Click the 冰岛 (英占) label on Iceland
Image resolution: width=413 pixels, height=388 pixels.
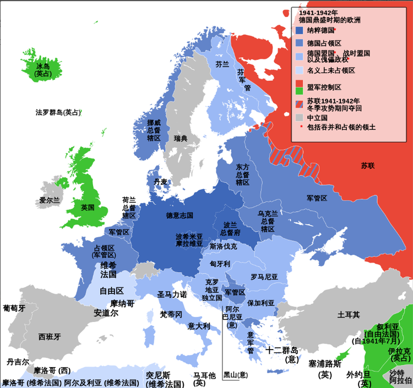(42, 69)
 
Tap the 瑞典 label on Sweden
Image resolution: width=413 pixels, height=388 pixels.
(180, 138)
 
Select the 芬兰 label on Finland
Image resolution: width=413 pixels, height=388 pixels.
(222, 64)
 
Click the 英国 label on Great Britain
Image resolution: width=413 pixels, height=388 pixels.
(88, 208)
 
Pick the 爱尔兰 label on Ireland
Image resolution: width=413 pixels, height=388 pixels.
(49, 201)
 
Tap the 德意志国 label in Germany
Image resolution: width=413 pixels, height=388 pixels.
(179, 215)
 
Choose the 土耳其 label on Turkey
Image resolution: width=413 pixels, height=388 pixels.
(348, 314)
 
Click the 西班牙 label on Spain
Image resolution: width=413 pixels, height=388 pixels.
(50, 336)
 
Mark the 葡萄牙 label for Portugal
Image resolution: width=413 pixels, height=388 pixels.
(14, 308)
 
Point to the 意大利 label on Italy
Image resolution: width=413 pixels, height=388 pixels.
(199, 325)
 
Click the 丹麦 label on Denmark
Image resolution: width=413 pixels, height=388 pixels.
(161, 181)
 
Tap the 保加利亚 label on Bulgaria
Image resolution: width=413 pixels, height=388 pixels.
(260, 303)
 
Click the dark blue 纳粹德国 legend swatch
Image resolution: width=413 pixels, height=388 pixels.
(299, 31)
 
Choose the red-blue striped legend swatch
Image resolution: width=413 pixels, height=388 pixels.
(299, 104)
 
